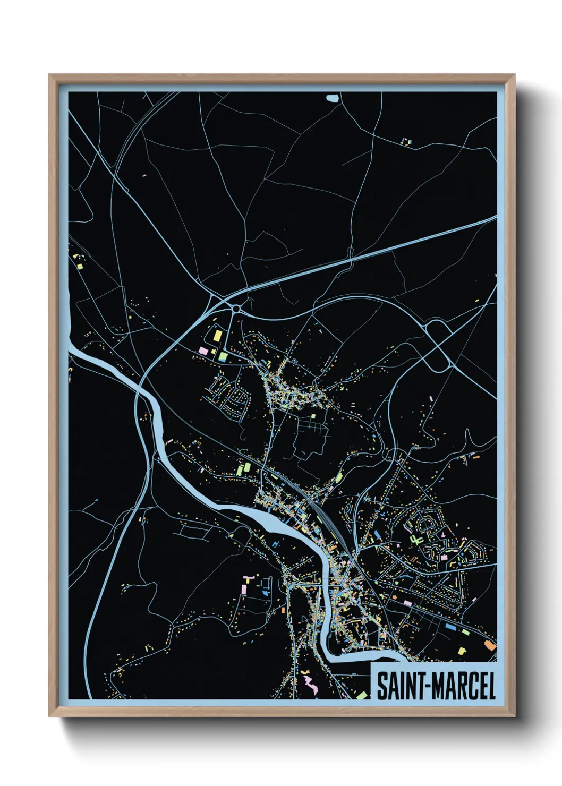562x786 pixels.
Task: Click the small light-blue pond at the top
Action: click(x=332, y=98)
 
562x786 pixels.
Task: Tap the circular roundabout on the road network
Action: click(x=235, y=309)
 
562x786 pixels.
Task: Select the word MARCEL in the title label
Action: click(x=465, y=686)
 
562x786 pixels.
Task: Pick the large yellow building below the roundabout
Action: click(x=218, y=336)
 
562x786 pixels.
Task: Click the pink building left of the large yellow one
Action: click(x=202, y=350)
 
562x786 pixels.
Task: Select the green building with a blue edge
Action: click(x=224, y=356)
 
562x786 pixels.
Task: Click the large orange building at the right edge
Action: click(x=490, y=645)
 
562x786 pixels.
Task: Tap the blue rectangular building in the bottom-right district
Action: click(x=450, y=627)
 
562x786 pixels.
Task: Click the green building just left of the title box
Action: click(x=362, y=695)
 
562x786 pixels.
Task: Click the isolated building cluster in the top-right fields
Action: click(x=406, y=141)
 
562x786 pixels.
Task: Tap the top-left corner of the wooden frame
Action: click(x=50, y=75)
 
